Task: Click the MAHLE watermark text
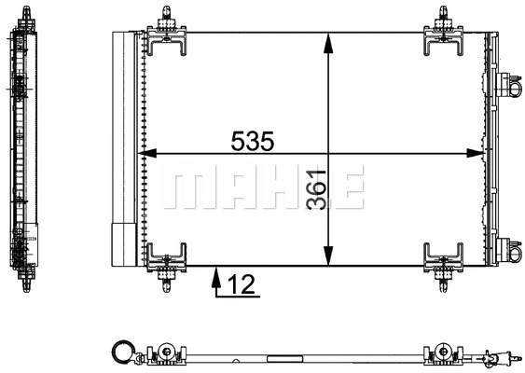tap(262, 190)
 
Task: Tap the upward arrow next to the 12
tap(216, 279)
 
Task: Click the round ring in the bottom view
tap(121, 352)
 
